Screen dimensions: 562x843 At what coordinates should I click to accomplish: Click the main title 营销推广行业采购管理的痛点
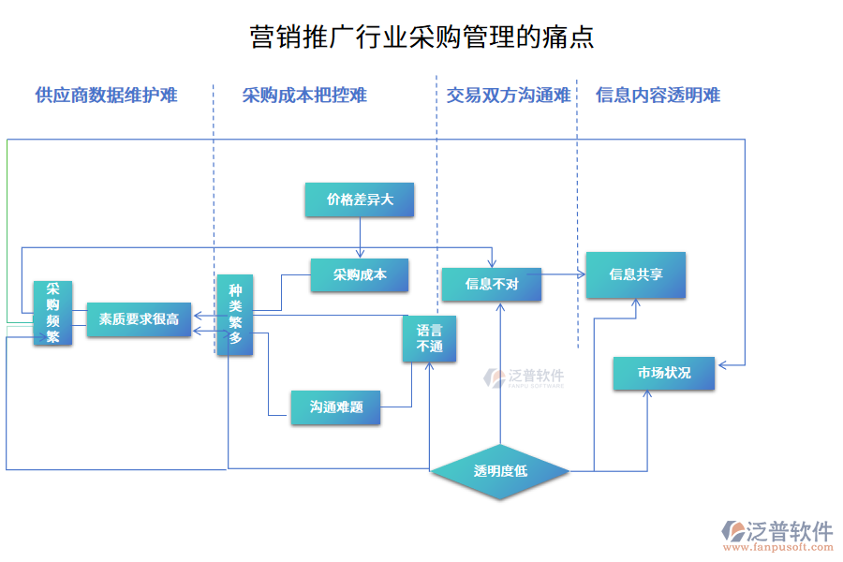tap(421, 37)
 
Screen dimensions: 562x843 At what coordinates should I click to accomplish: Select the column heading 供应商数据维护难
tap(106, 95)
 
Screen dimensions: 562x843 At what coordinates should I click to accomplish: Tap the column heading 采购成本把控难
tap(304, 95)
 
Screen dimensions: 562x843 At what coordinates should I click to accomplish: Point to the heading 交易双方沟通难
tap(509, 95)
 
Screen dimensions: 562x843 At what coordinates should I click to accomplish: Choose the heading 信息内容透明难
tap(658, 95)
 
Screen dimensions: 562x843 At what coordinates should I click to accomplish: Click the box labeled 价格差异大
tap(359, 200)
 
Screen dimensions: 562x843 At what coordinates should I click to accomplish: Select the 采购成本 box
tap(360, 274)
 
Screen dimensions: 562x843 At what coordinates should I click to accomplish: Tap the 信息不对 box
tap(492, 284)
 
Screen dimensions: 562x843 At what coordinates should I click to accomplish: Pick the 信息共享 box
tap(636, 274)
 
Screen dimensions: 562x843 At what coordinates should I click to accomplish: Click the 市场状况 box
tap(664, 373)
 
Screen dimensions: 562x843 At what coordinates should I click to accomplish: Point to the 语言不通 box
tap(429, 338)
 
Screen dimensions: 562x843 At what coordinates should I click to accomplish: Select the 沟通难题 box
tap(336, 407)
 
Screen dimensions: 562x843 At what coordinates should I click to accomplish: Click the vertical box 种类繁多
tap(234, 315)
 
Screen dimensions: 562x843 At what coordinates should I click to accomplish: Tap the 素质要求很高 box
tap(139, 319)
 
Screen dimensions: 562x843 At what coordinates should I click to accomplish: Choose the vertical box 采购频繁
tap(52, 313)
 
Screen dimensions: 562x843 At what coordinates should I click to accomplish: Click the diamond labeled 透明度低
tap(500, 471)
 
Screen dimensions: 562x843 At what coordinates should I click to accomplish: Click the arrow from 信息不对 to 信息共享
tap(564, 274)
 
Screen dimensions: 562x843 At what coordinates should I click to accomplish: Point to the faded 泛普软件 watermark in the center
tap(525, 377)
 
